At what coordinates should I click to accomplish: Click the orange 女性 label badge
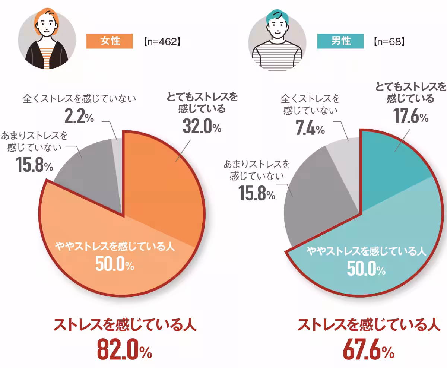[110, 41]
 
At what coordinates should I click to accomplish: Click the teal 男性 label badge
[340, 41]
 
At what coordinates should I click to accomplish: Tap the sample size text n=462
[162, 41]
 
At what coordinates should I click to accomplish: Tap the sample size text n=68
[389, 41]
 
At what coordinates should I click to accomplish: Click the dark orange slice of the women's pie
[164, 186]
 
